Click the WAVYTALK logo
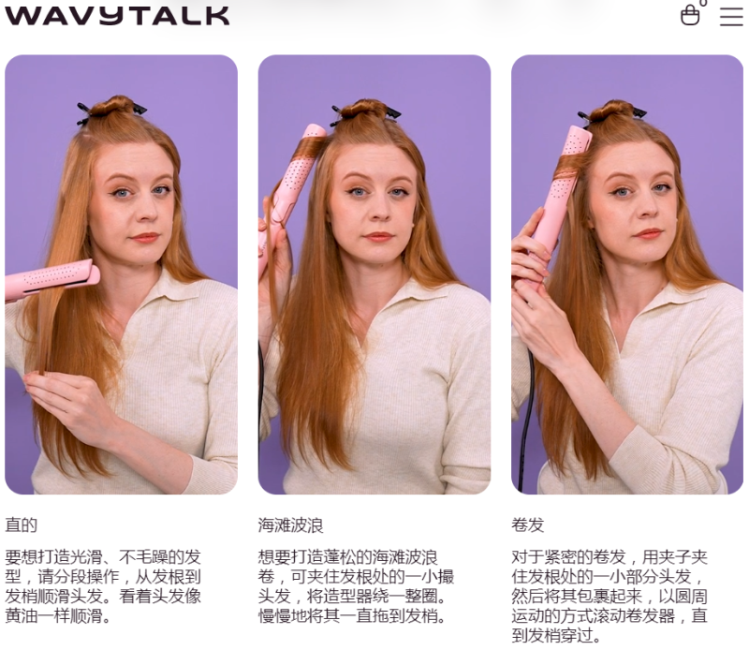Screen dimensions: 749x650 point(117,15)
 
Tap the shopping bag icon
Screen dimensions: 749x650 point(691,14)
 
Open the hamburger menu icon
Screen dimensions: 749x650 point(731,16)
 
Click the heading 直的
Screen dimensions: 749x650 point(21,524)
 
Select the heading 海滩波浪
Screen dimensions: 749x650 point(290,524)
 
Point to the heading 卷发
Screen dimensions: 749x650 point(527,524)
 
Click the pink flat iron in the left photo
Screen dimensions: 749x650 point(51,279)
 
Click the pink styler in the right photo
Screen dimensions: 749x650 point(560,191)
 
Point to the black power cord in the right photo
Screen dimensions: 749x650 point(526,421)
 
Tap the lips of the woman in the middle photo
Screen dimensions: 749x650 point(378,236)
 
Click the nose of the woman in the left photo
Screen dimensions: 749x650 point(142,211)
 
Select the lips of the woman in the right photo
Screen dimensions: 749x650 point(649,234)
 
